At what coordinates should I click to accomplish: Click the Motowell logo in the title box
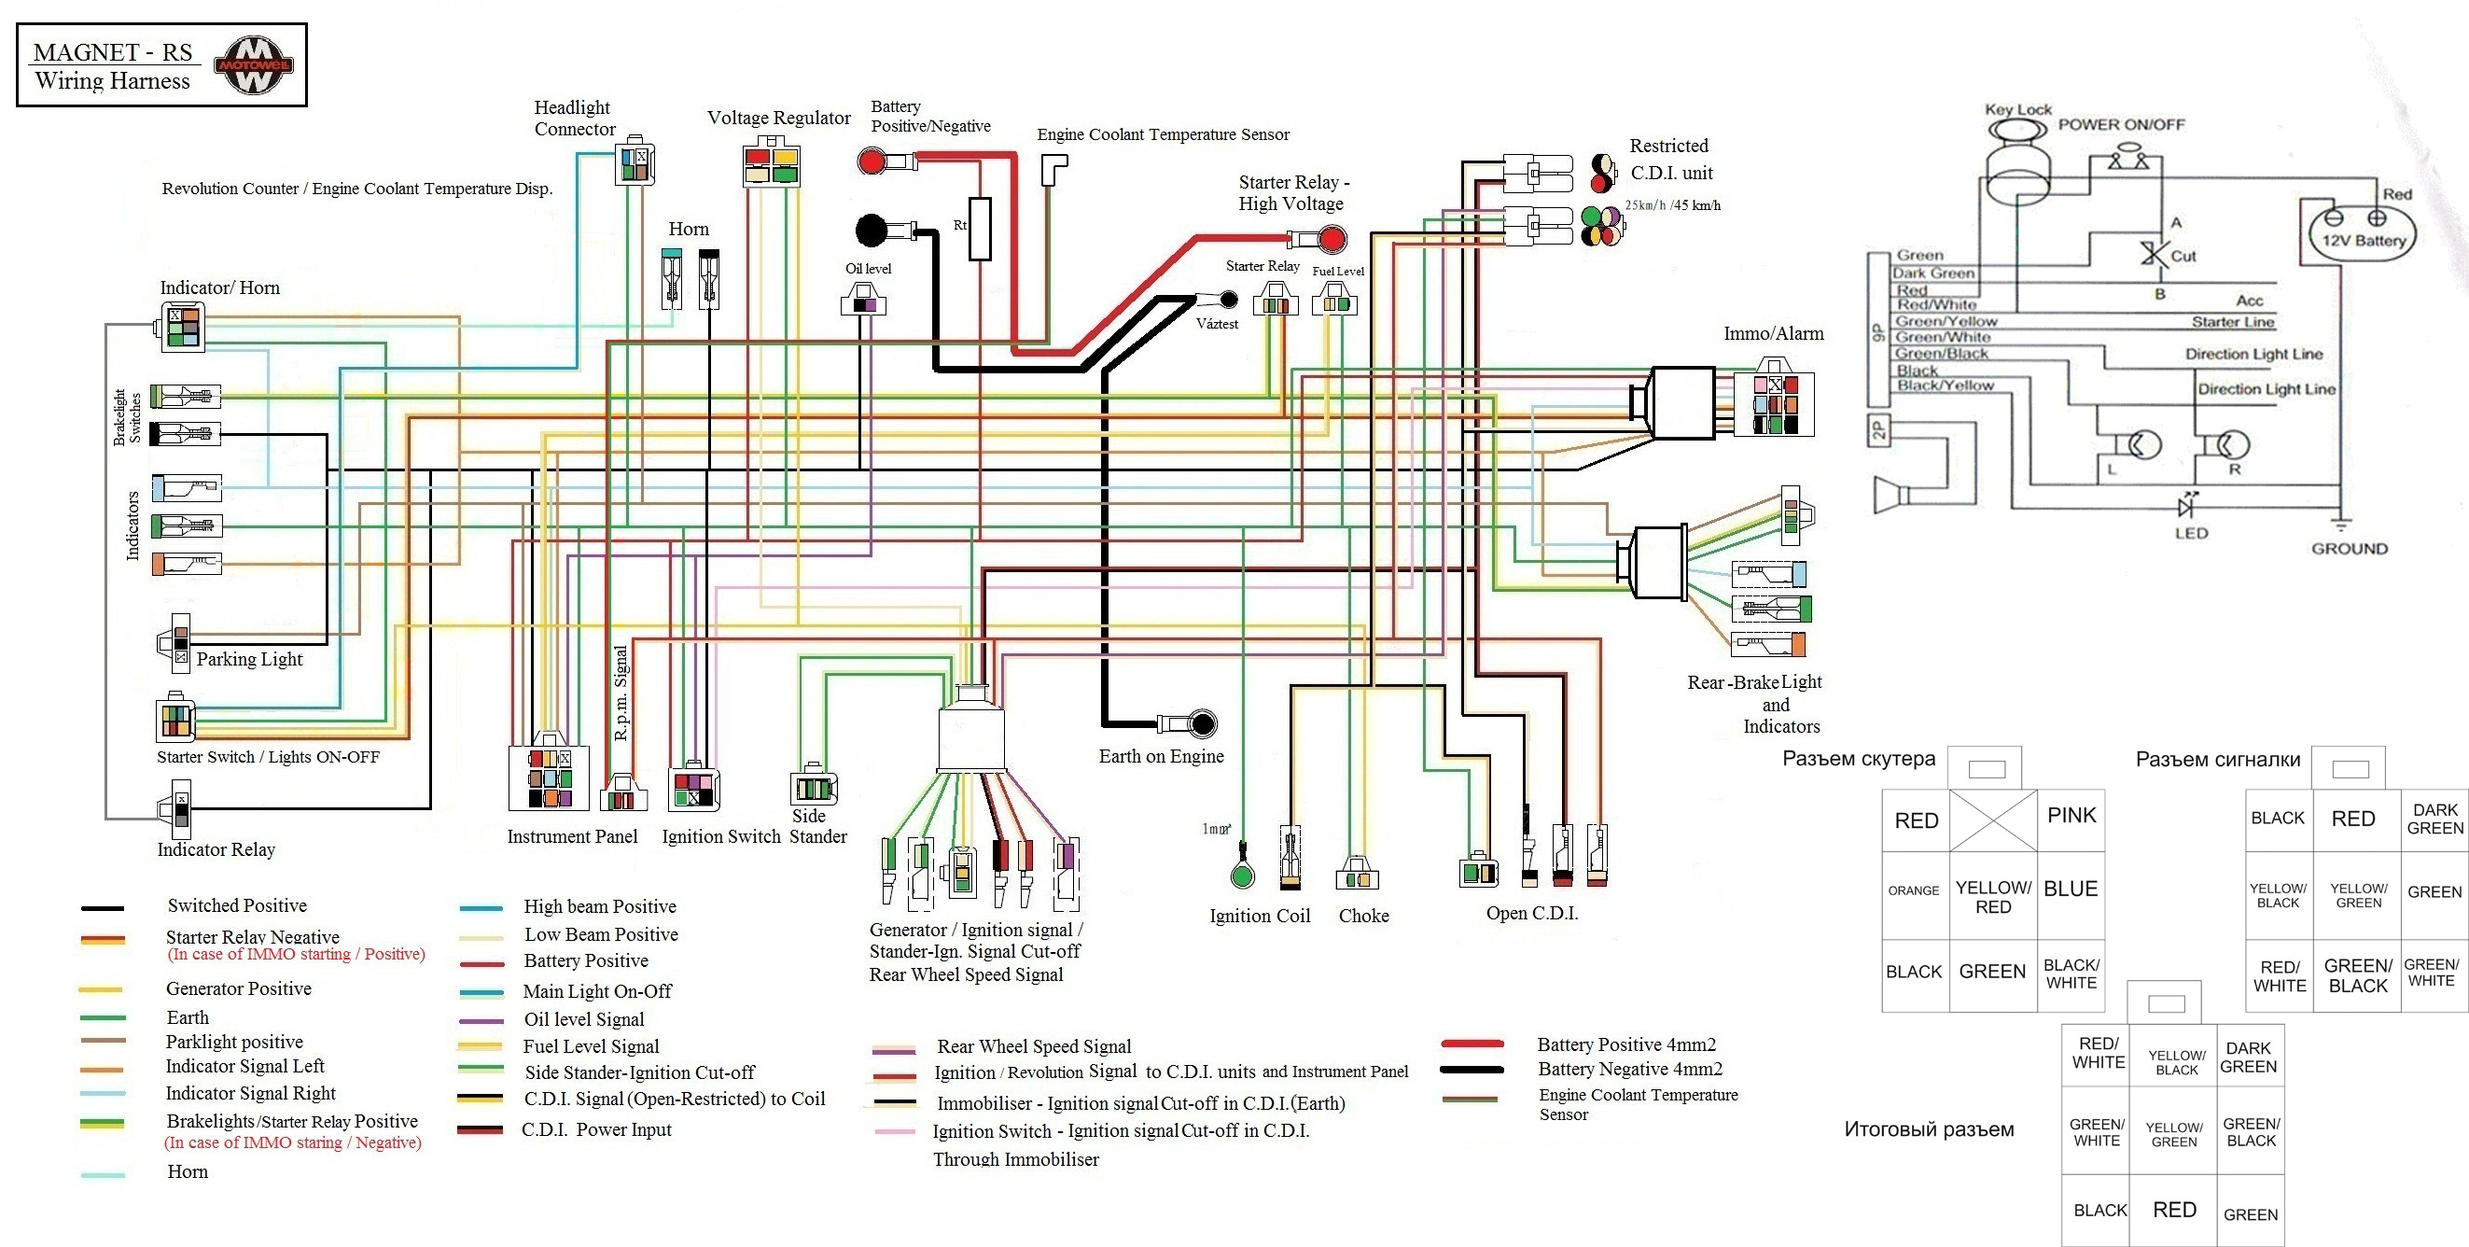253,65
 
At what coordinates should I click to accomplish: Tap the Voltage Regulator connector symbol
772,164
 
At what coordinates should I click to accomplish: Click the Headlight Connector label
573,118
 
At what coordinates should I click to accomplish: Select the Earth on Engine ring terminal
1202,723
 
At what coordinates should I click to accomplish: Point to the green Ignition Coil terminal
1242,875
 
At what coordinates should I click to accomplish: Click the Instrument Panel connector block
549,778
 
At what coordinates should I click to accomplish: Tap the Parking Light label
249,660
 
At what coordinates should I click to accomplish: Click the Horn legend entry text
188,1171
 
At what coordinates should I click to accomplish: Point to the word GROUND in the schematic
2350,549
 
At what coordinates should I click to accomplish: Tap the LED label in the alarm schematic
2191,533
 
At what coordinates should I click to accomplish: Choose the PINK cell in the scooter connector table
2071,816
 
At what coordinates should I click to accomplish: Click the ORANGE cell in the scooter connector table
1913,890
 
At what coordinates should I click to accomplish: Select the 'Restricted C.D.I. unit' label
1670,159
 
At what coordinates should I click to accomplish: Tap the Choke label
1363,916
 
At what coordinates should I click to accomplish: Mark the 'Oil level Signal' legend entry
584,1020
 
